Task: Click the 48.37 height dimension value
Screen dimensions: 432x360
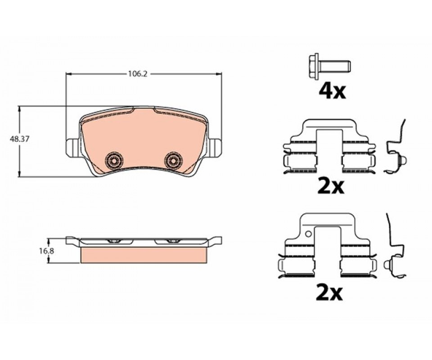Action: pos(19,139)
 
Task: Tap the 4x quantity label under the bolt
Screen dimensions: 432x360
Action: pos(332,92)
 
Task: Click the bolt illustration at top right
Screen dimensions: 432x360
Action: pos(329,66)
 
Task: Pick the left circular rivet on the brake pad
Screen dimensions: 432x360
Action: pos(114,159)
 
